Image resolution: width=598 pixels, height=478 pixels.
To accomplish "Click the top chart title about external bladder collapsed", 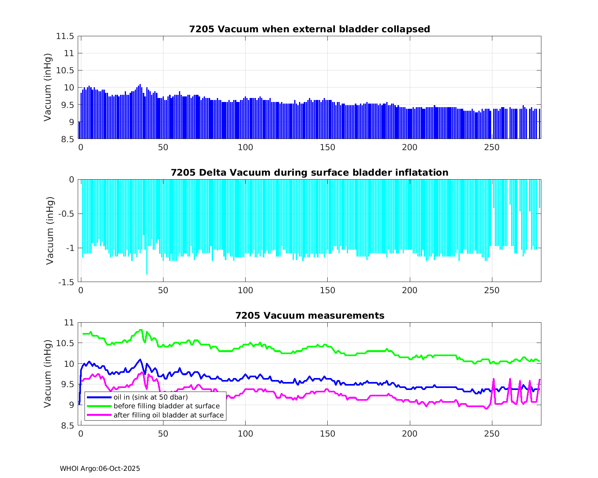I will click(x=309, y=29).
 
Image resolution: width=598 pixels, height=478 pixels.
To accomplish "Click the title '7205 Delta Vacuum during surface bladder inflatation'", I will click(x=309, y=172).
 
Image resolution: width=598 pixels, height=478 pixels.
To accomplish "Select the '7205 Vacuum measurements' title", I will click(x=309, y=316).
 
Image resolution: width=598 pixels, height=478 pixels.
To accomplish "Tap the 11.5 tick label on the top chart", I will click(x=65, y=36).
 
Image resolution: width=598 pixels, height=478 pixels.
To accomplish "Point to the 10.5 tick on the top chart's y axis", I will click(x=65, y=71).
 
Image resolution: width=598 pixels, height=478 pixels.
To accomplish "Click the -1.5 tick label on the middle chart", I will click(x=66, y=282).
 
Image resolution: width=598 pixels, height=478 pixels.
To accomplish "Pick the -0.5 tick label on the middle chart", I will click(x=66, y=214).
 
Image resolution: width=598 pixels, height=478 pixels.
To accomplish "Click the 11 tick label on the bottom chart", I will click(x=69, y=323).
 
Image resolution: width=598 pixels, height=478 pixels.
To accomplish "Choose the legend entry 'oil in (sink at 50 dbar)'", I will click(x=151, y=397).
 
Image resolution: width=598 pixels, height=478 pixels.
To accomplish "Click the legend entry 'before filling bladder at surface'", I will click(x=167, y=406).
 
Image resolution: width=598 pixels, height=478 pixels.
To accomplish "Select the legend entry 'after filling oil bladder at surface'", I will click(x=169, y=415).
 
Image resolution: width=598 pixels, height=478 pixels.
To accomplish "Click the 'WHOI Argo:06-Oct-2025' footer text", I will click(x=100, y=469).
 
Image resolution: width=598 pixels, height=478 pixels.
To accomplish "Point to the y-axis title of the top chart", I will click(x=48, y=87).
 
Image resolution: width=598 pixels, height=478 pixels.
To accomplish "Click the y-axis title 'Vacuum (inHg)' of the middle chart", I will click(x=49, y=231).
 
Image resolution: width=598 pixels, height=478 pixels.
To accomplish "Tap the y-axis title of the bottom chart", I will click(x=48, y=374).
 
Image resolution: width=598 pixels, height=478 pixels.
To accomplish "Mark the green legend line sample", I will click(x=98, y=406).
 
